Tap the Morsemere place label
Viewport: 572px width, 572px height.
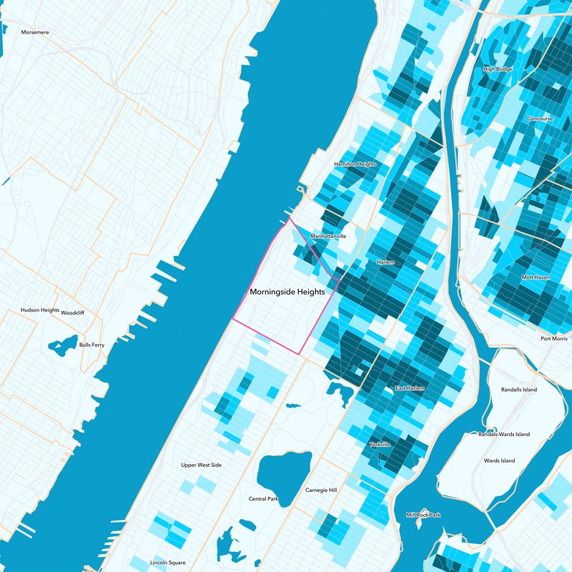pyautogui.click(x=35, y=32)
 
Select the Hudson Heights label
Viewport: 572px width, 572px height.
pyautogui.click(x=40, y=310)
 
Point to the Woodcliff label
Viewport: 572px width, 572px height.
pyautogui.click(x=73, y=313)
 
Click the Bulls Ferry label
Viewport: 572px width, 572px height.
pyautogui.click(x=92, y=345)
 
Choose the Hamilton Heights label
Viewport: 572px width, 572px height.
pyautogui.click(x=355, y=164)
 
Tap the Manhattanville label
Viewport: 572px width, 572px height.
pyautogui.click(x=328, y=236)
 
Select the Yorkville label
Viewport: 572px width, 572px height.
pyautogui.click(x=380, y=445)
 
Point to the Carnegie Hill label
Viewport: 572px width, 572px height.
pyautogui.click(x=320, y=490)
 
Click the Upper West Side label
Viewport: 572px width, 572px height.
pyautogui.click(x=201, y=465)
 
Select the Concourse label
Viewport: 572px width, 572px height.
pyautogui.click(x=540, y=119)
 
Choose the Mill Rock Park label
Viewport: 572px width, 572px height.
pyautogui.click(x=423, y=515)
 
